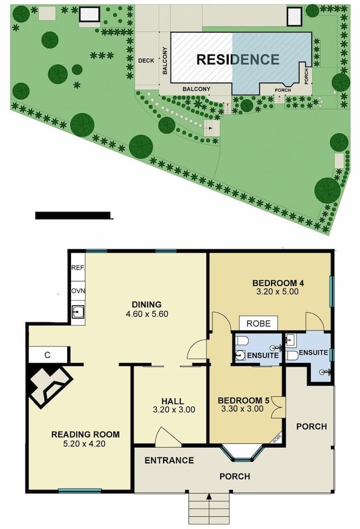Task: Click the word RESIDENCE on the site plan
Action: [x=238, y=59]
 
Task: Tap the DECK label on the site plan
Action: [x=146, y=61]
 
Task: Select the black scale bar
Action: [x=74, y=215]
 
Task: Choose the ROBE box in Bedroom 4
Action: [x=258, y=323]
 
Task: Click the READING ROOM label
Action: [x=85, y=435]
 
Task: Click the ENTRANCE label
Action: [x=169, y=461]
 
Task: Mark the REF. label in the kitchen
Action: [x=78, y=268]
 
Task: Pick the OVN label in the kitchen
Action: [x=78, y=291]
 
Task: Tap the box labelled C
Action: [x=48, y=355]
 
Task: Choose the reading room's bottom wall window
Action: [x=79, y=491]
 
